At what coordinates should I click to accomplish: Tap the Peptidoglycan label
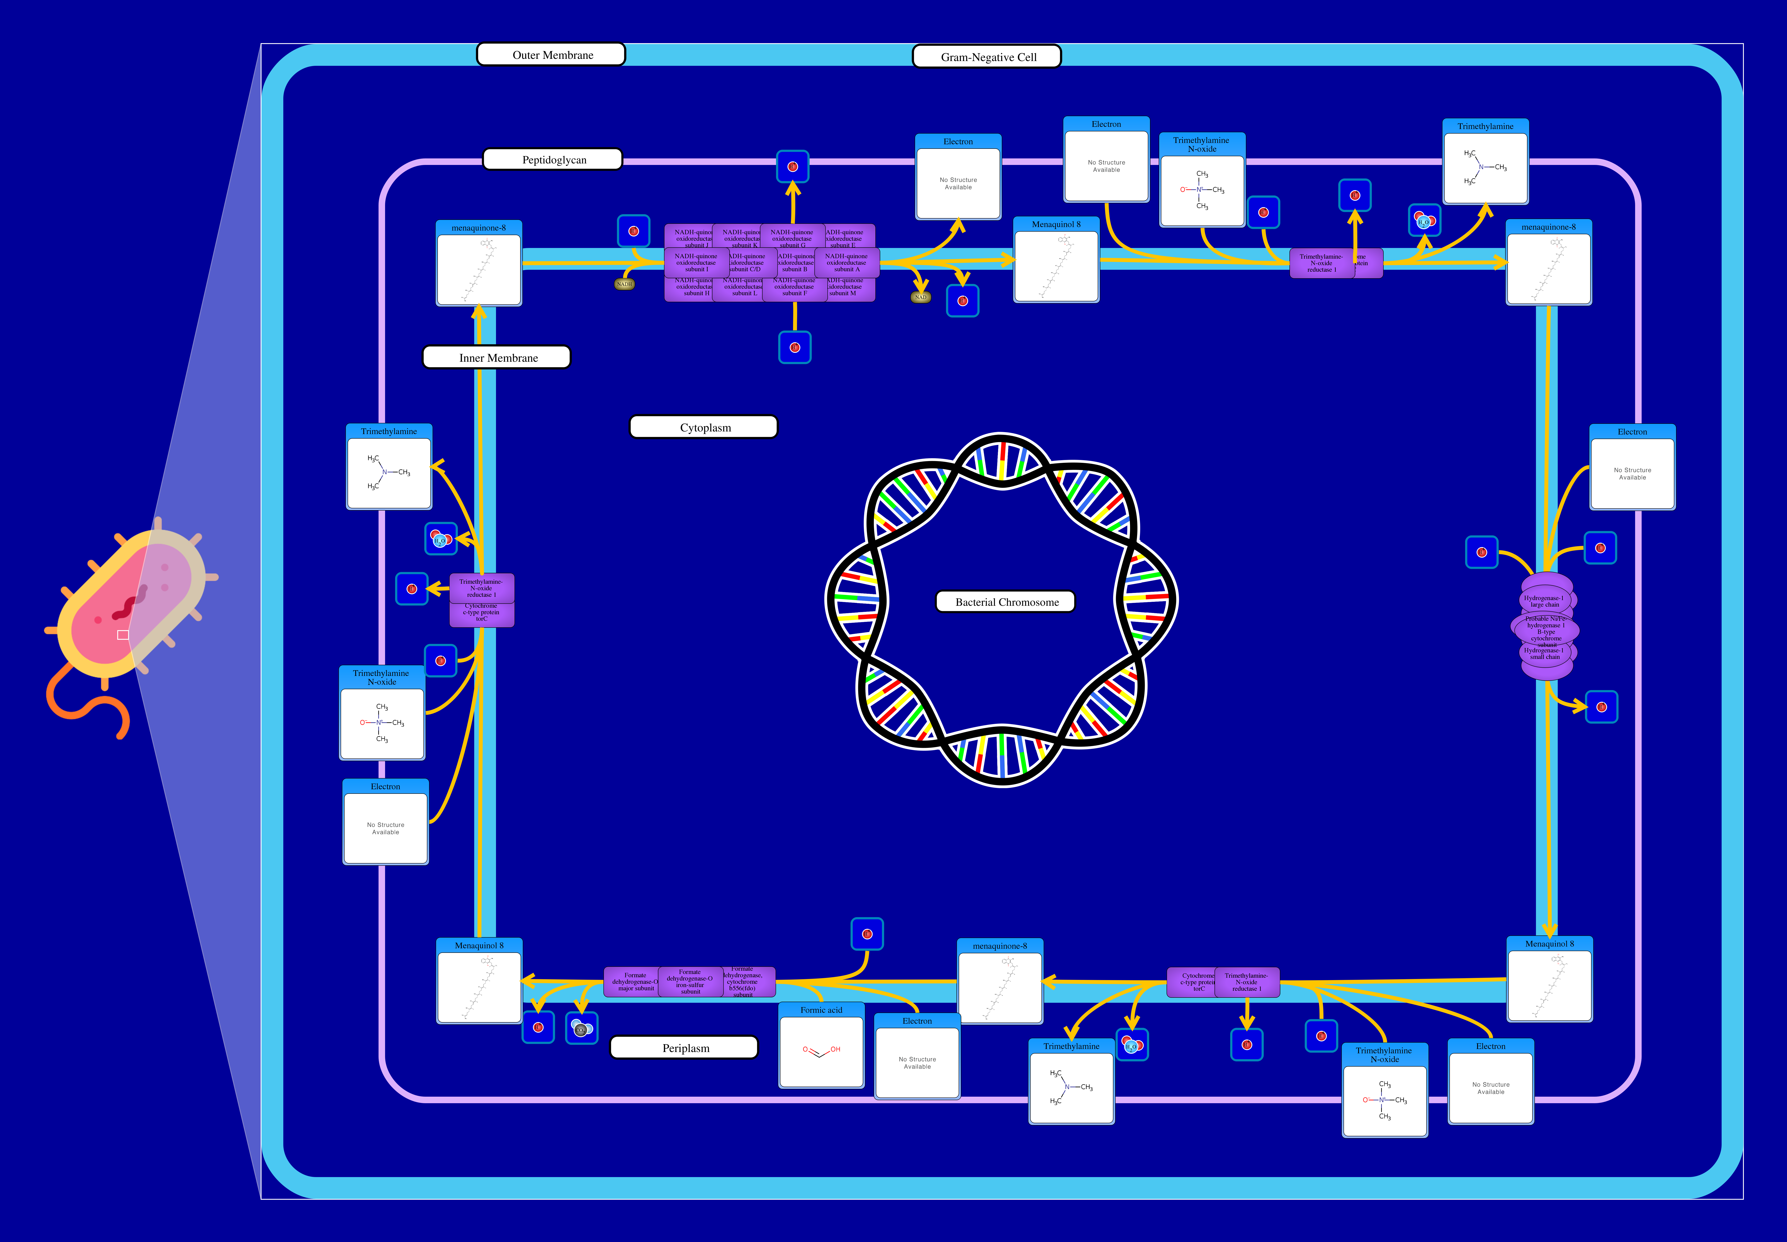[553, 159]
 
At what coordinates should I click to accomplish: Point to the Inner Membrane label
[497, 357]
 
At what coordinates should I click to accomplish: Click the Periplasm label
[684, 1047]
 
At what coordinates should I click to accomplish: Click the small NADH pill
[624, 284]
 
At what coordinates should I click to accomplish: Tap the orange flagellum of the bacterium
[86, 700]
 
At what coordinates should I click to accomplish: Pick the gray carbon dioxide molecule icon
[581, 1029]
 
